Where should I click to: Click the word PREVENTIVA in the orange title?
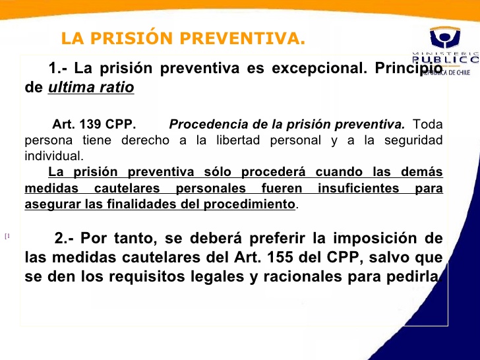tap(243, 38)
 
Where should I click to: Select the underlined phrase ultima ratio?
tap(91, 87)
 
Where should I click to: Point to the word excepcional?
tap(319, 68)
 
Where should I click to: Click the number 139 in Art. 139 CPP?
tap(90, 124)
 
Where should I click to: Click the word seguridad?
tap(413, 140)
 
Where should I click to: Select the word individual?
tap(54, 156)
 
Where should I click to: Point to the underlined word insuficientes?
tap(359, 188)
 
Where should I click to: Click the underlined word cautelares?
tap(127, 188)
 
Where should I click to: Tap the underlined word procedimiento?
tap(249, 204)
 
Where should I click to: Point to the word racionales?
tap(303, 276)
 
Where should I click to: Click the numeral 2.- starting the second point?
tap(64, 238)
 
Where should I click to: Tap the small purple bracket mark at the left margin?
tap(7, 236)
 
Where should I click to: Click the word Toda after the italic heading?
tap(428, 124)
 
